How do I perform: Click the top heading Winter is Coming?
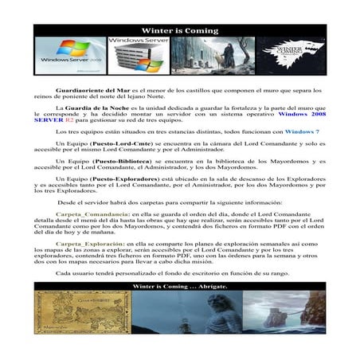click(x=179, y=30)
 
